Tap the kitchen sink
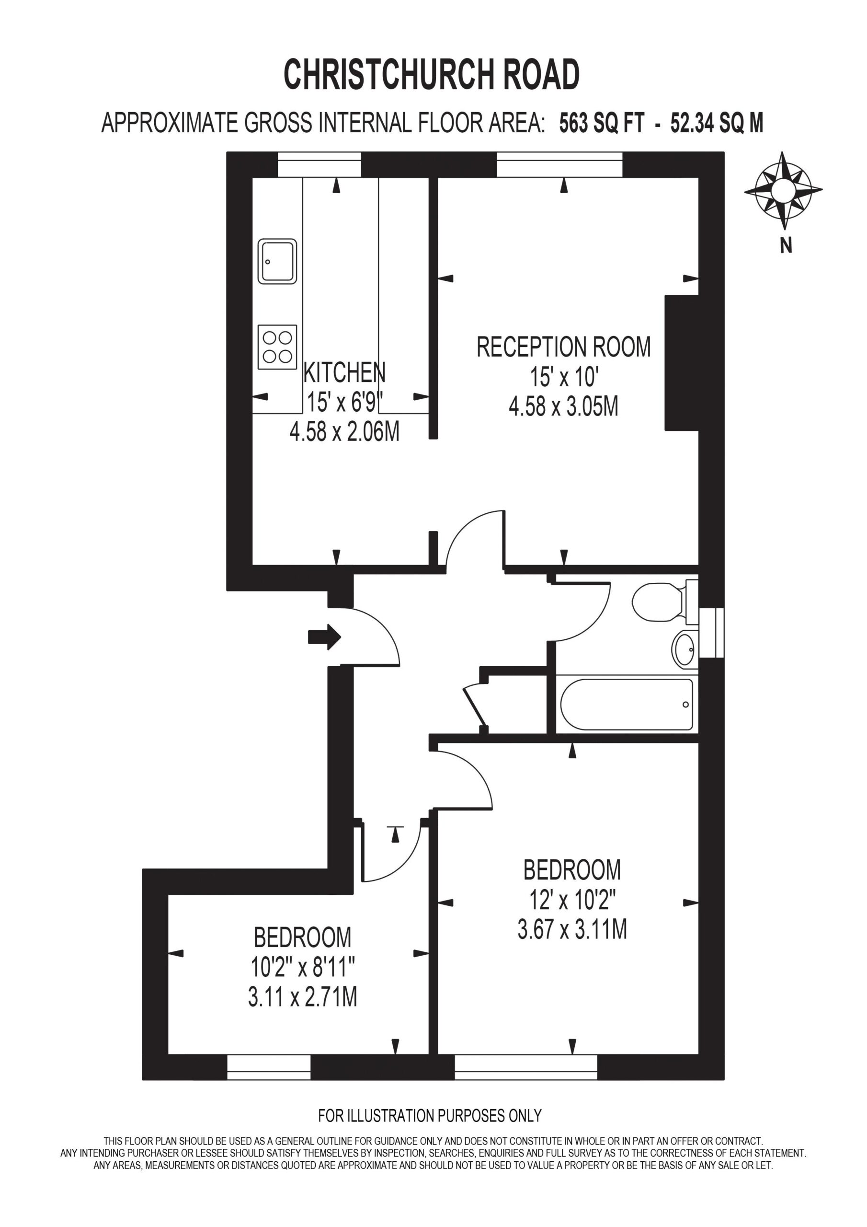[277, 261]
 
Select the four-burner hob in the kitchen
[277, 347]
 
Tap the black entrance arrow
[325, 637]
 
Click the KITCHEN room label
[344, 372]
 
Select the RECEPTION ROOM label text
[564, 347]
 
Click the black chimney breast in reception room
[682, 362]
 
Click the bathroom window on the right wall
[711, 632]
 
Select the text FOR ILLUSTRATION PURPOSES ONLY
[430, 1115]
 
